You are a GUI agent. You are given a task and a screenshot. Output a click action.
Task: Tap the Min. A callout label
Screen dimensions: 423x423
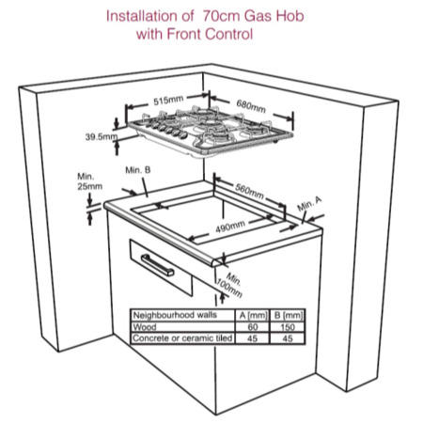(309, 205)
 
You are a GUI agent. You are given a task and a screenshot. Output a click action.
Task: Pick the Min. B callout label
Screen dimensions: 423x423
(138, 169)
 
